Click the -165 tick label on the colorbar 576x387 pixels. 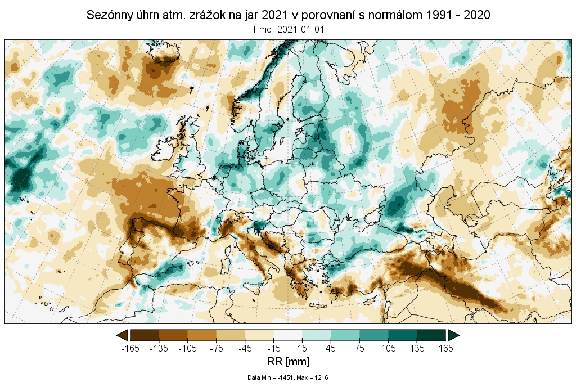point(130,348)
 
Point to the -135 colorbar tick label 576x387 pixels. point(159,348)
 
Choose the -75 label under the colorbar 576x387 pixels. point(216,348)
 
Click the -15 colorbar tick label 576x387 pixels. point(273,348)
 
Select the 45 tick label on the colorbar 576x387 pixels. point(331,348)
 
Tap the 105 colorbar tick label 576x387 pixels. point(388,348)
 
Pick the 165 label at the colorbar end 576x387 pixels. point(445,348)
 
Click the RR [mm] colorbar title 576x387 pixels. point(288,361)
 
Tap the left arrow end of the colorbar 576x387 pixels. point(122,335)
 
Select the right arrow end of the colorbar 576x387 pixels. point(453,335)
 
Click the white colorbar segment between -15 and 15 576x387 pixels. point(287,335)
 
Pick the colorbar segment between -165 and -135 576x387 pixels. point(145,335)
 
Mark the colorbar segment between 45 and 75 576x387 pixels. point(345,335)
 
